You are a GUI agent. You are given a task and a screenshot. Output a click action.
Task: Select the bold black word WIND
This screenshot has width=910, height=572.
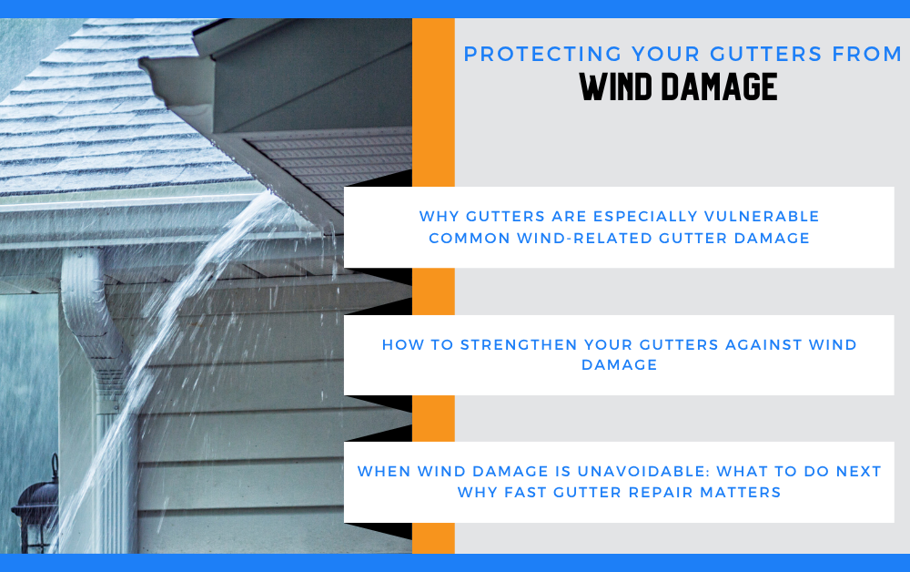click(615, 87)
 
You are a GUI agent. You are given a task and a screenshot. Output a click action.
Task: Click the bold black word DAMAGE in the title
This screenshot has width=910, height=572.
click(720, 87)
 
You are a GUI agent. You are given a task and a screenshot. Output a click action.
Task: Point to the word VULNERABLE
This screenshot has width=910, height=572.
click(762, 216)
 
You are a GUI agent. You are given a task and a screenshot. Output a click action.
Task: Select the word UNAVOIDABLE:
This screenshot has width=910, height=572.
click(643, 472)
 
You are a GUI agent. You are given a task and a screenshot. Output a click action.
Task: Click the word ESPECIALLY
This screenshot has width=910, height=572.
click(645, 216)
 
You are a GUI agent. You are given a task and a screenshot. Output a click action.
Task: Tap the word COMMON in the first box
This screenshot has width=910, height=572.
click(470, 238)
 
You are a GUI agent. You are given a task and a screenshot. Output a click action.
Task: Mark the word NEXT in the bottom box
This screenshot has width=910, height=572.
click(858, 472)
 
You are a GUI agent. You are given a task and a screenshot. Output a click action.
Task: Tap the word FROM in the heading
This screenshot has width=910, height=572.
click(866, 54)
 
